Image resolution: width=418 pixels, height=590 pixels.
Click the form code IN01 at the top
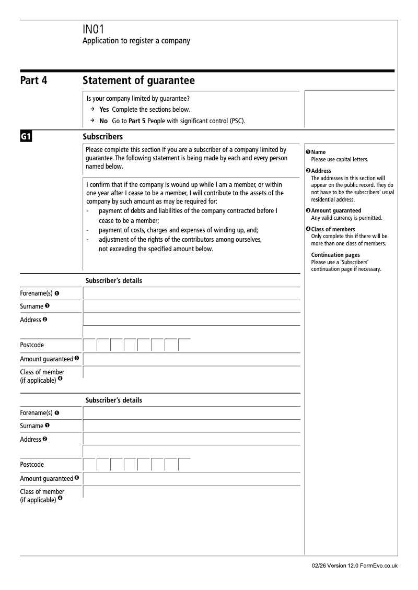coord(94,30)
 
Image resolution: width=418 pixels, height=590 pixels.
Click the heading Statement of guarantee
coord(138,80)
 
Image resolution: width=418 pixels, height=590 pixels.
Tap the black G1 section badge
coord(27,137)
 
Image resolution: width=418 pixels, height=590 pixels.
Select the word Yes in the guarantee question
coord(104,110)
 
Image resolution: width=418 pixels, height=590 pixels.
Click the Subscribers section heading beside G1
coord(103,137)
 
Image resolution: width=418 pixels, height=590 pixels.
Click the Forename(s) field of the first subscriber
coord(191,293)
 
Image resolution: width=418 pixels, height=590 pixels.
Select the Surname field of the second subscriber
coord(191,426)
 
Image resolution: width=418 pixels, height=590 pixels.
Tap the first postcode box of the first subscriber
coord(90,345)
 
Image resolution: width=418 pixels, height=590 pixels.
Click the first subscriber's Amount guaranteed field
coord(191,359)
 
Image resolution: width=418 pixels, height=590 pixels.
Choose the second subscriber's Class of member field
coord(191,492)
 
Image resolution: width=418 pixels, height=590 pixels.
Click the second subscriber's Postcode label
coord(32,465)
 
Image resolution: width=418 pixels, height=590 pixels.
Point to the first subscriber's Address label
coord(30,320)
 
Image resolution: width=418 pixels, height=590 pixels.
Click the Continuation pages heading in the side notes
coord(335,255)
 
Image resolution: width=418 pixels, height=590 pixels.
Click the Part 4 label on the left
coord(33,80)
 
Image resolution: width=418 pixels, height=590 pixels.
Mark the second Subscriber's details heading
coord(113,400)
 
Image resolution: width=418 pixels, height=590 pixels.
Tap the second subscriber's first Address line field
coord(191,439)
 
